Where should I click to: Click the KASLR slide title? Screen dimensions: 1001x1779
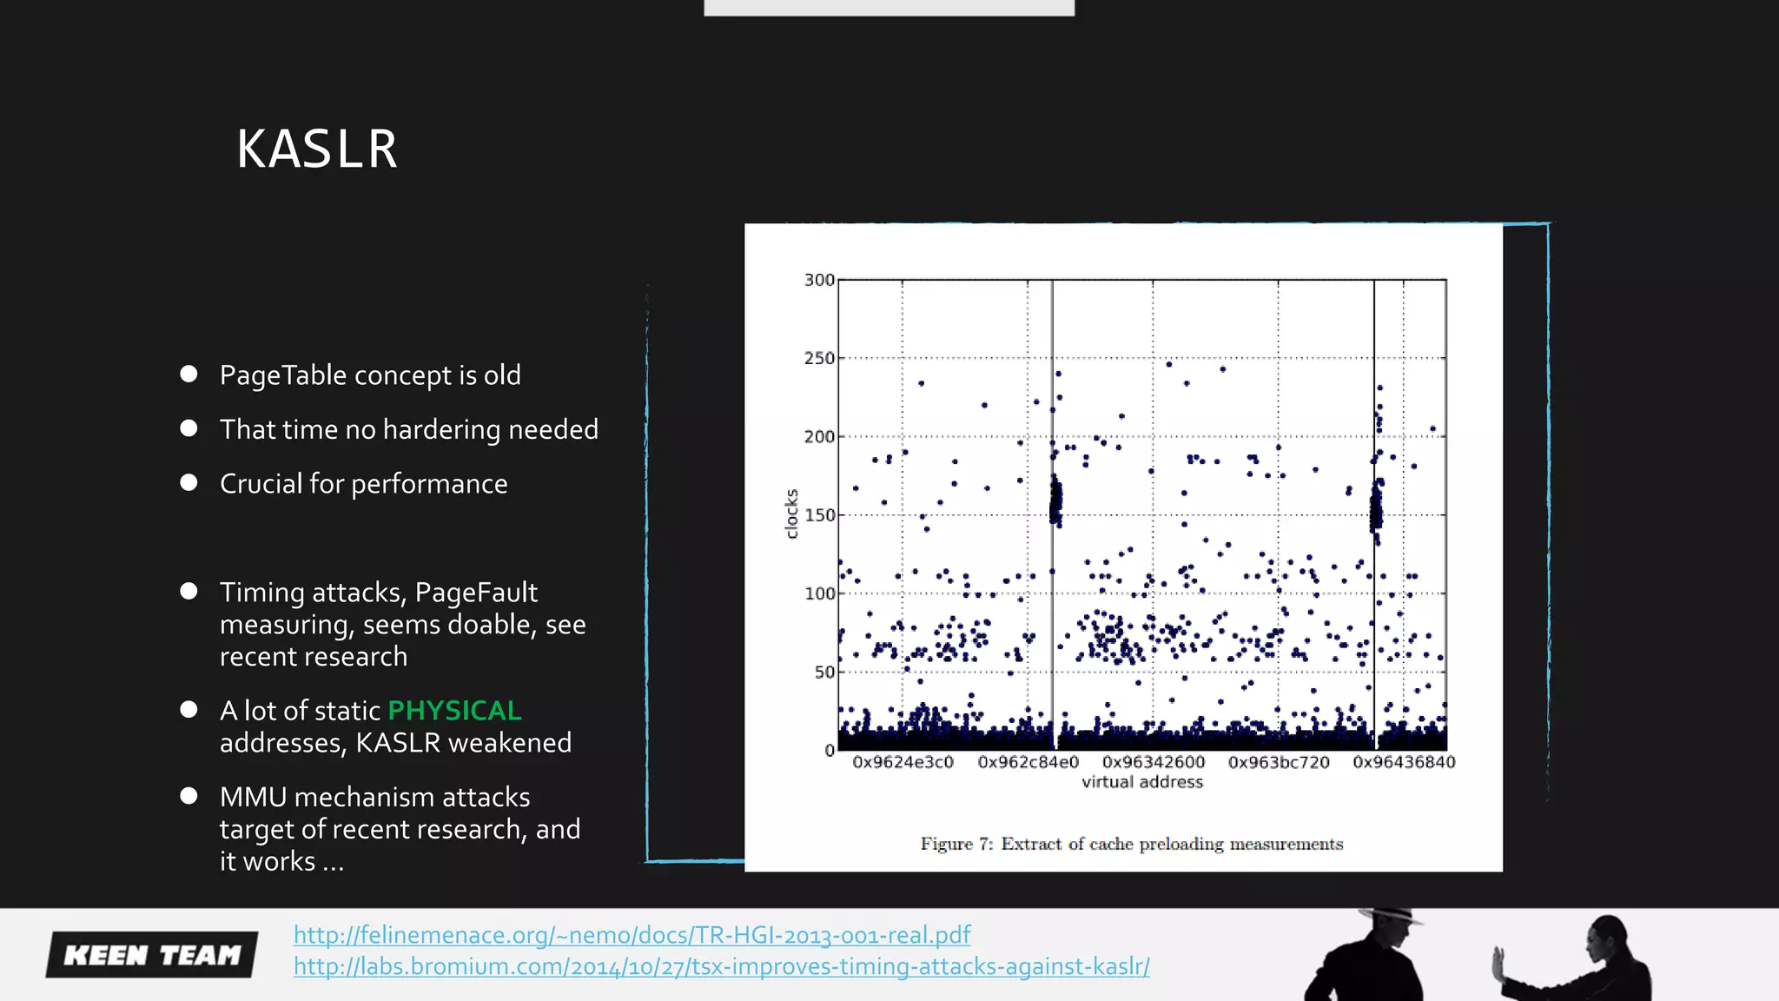317,149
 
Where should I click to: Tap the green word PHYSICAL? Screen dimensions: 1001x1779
454,711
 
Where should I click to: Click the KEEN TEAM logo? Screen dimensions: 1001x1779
152,955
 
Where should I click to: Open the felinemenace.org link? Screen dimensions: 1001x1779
632,935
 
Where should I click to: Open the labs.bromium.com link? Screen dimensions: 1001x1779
721,966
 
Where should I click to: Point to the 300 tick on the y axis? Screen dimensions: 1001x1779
818,280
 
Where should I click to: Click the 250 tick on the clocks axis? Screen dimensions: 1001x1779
818,358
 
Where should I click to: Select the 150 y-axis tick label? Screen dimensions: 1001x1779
818,515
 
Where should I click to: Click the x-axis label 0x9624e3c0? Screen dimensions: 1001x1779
903,762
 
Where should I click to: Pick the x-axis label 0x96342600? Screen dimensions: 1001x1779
1154,762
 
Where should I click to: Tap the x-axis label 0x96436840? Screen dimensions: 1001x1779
1404,762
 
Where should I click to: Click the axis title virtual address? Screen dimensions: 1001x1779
1141,782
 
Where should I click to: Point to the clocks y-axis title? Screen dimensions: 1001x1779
791,514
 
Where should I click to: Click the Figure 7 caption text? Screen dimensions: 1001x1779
1131,844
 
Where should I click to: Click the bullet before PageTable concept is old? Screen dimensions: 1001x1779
188,375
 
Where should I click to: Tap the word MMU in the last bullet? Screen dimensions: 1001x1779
253,797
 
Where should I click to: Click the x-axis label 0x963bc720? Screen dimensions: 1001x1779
1279,762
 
